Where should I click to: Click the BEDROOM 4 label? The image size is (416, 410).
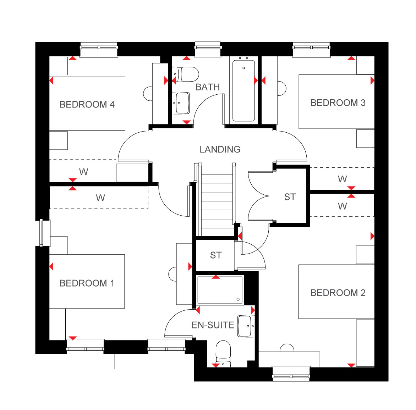click(x=87, y=104)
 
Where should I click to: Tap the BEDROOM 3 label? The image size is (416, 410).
click(x=338, y=103)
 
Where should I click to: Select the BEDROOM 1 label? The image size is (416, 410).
click(x=87, y=283)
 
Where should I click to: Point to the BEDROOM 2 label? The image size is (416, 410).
click(x=338, y=293)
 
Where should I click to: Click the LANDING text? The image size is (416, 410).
click(x=220, y=149)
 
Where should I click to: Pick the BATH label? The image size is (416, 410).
click(x=208, y=87)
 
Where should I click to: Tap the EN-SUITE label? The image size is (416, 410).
click(x=213, y=325)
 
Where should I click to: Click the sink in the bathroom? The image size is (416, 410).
click(x=181, y=103)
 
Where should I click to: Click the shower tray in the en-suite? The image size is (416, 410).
click(x=220, y=290)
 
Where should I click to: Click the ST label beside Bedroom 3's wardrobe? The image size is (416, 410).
click(x=290, y=197)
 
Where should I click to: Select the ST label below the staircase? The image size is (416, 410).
click(x=216, y=255)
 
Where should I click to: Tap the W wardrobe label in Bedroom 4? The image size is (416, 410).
click(x=83, y=172)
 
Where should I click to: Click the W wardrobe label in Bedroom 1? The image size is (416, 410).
click(x=100, y=198)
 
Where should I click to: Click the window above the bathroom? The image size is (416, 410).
click(x=208, y=49)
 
